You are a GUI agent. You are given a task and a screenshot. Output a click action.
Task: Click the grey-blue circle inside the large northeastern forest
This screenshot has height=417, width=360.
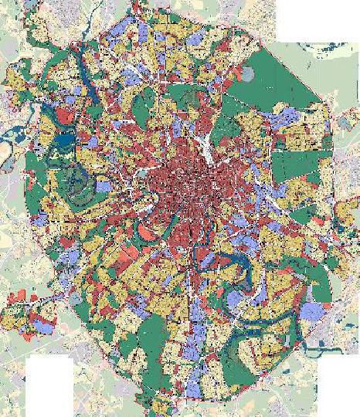coord(246,75)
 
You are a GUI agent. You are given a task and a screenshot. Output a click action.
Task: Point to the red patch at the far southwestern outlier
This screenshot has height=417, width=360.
coord(19,297)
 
